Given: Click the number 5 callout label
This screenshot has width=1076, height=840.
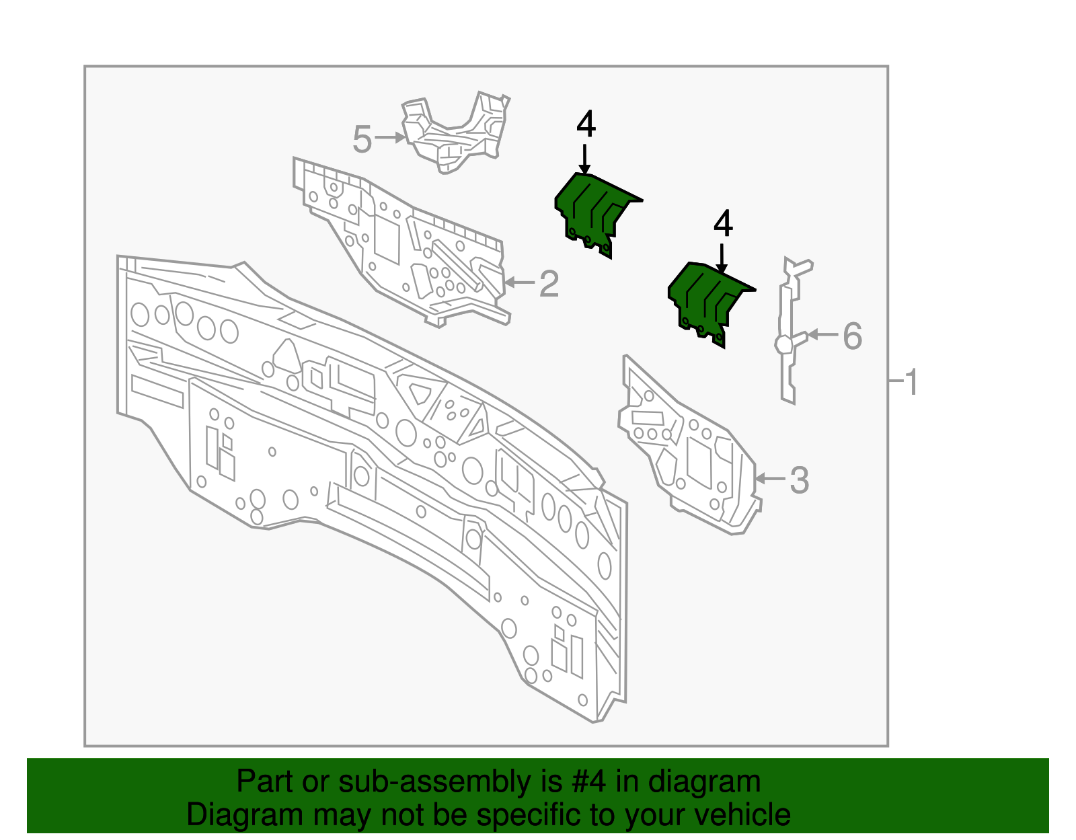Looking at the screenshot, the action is (362, 140).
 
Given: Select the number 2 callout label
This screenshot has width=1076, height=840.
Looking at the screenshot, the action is (549, 284).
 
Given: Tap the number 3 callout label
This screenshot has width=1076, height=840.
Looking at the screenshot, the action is (799, 480).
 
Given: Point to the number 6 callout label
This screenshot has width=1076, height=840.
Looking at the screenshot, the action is (852, 336).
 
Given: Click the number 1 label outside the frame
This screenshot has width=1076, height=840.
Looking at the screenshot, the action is (911, 383).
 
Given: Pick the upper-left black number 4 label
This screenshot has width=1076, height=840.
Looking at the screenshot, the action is (586, 124).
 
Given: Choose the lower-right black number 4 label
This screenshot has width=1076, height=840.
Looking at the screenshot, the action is (723, 223).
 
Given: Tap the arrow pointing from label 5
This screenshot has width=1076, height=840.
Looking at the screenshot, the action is (389, 138).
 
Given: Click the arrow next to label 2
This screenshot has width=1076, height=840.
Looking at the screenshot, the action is (518, 282).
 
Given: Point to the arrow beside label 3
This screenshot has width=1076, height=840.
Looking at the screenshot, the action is (769, 478).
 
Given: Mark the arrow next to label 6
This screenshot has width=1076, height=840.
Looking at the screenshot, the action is (822, 334).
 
